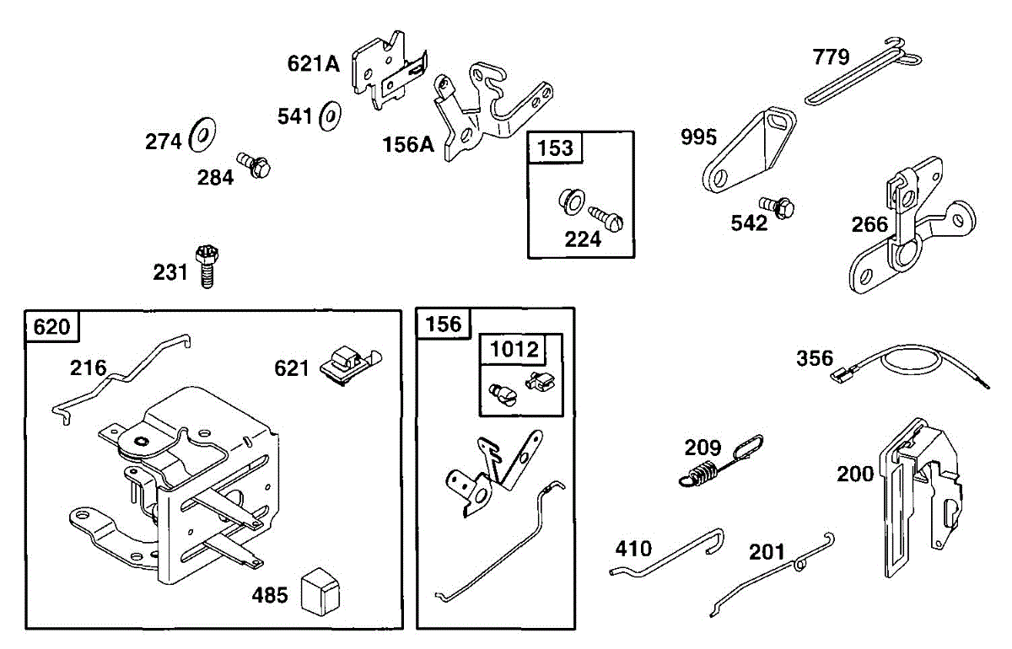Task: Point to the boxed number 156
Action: pos(444,324)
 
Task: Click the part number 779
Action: pos(831,57)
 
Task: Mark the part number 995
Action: pos(699,137)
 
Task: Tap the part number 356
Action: pos(815,358)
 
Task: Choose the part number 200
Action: pos(855,475)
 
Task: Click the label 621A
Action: pos(313,63)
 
